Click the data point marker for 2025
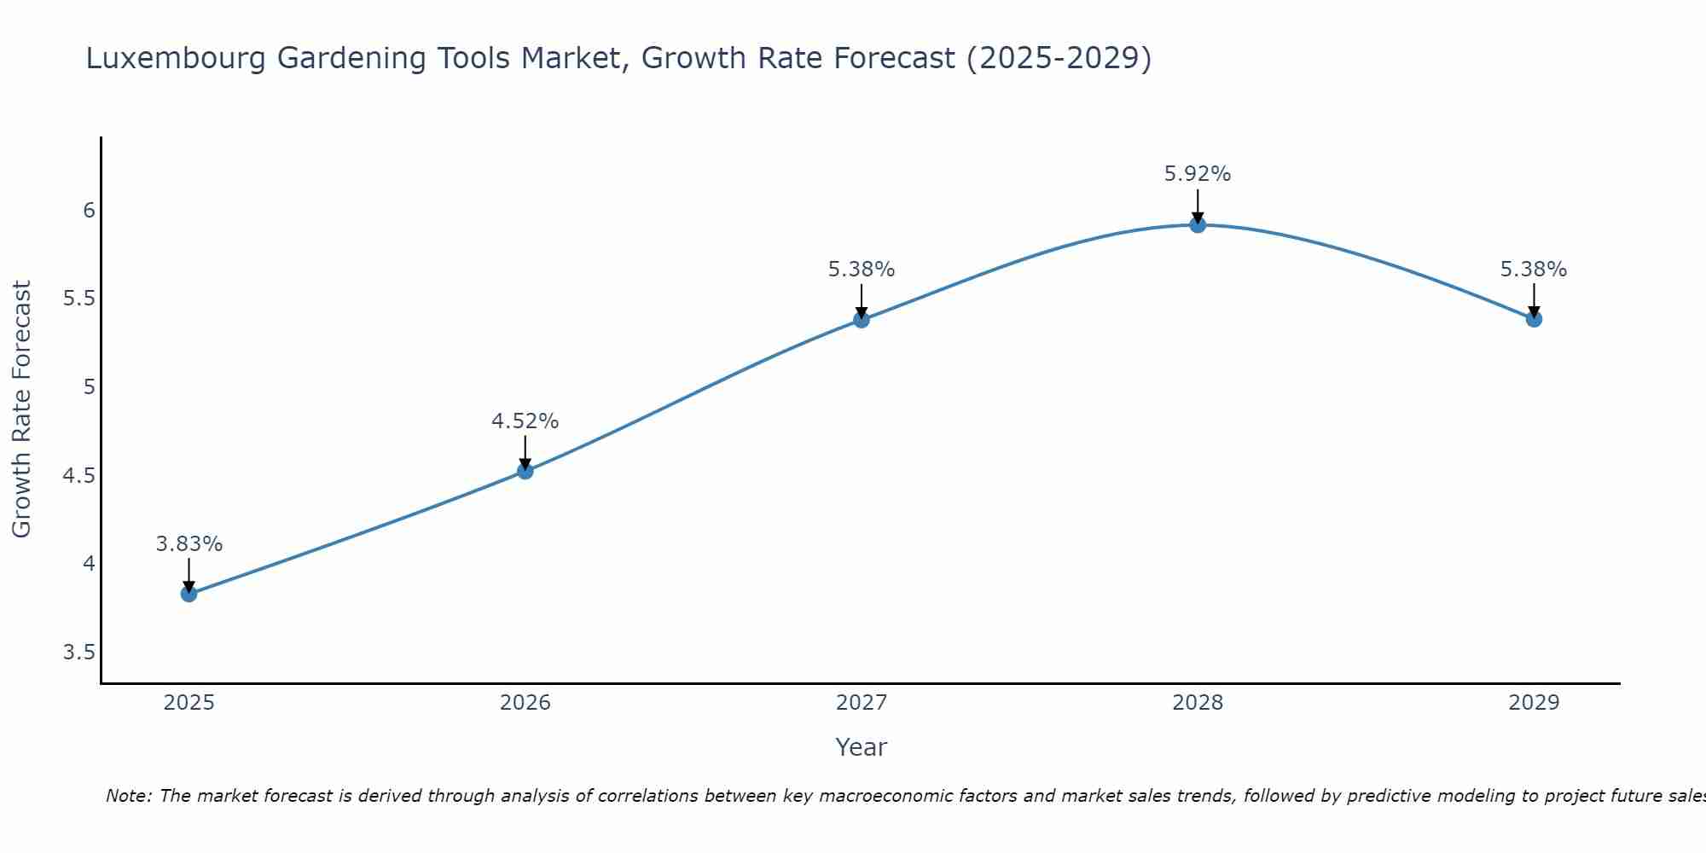coord(189,594)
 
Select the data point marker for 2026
coord(525,471)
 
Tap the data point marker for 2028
coord(1198,224)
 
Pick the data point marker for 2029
coord(1534,319)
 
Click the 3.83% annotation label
coord(189,544)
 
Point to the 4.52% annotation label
coord(525,421)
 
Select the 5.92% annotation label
coord(1198,174)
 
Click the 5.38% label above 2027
coord(862,270)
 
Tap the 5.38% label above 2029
coord(1534,270)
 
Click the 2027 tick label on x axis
coord(862,703)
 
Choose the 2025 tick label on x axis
coord(189,703)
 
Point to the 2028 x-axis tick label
coord(1198,703)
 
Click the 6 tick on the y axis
coord(89,210)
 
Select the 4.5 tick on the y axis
coord(78,475)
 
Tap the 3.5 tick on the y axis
coord(78,653)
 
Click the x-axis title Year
coord(862,747)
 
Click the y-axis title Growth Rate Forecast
coord(21,409)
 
